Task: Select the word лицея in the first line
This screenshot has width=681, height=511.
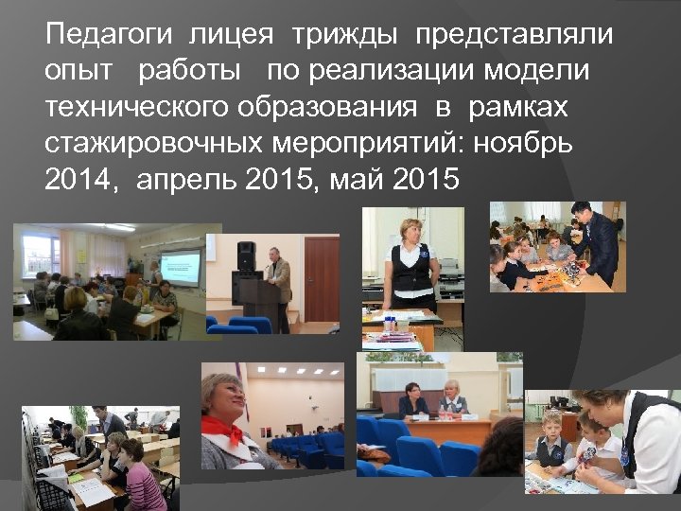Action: pyautogui.click(x=232, y=36)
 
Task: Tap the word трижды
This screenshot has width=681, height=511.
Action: pyautogui.click(x=345, y=36)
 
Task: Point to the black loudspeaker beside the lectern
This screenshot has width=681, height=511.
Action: pyautogui.click(x=246, y=256)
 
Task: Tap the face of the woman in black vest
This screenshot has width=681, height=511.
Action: pyautogui.click(x=411, y=233)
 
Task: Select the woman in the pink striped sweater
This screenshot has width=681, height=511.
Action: pyautogui.click(x=143, y=483)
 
